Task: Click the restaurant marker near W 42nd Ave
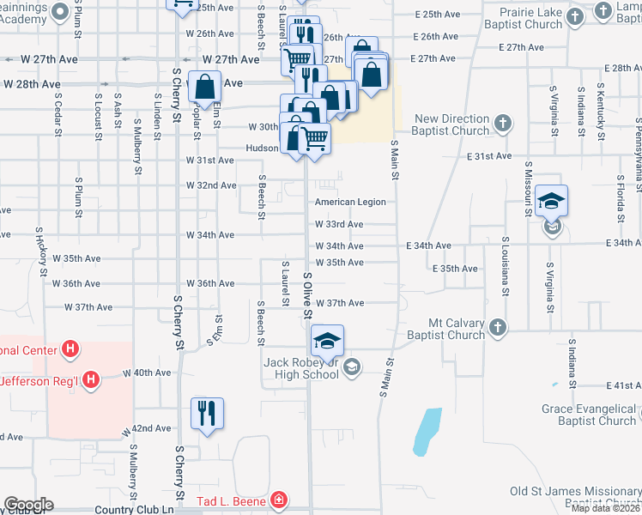(207, 413)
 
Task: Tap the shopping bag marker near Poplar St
(205, 87)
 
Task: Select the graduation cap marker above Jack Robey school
(326, 340)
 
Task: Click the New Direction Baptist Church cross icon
(503, 124)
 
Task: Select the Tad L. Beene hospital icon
(278, 500)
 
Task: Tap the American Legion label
(349, 202)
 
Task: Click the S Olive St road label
(306, 294)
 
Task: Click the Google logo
(28, 505)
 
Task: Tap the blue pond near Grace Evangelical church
(427, 431)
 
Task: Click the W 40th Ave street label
(147, 373)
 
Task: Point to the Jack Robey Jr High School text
(303, 368)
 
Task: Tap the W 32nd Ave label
(211, 185)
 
